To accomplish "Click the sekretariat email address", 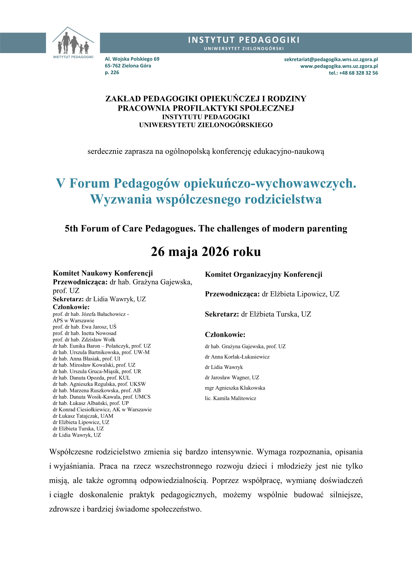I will point(331,59).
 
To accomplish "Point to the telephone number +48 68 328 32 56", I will point(353,73).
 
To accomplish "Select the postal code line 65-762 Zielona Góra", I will point(128,66).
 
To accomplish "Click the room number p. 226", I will point(112,73).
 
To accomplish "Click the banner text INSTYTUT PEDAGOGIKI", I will point(244,40).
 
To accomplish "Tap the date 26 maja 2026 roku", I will point(206,252).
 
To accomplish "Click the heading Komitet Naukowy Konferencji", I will point(103,273).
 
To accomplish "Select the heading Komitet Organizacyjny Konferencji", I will point(263,275).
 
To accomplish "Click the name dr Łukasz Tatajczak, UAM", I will point(83,416).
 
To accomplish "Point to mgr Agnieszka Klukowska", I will point(235,388).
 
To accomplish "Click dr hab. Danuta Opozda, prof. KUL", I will point(91,378).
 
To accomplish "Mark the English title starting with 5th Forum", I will point(206,229).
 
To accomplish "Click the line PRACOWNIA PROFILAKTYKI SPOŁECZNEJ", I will point(206,108).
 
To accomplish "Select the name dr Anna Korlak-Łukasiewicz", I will point(237,357).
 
